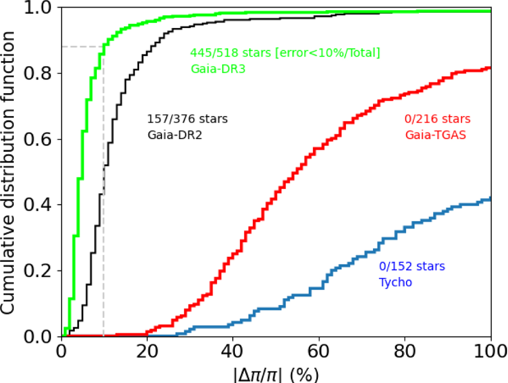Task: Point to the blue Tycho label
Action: (x=395, y=282)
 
